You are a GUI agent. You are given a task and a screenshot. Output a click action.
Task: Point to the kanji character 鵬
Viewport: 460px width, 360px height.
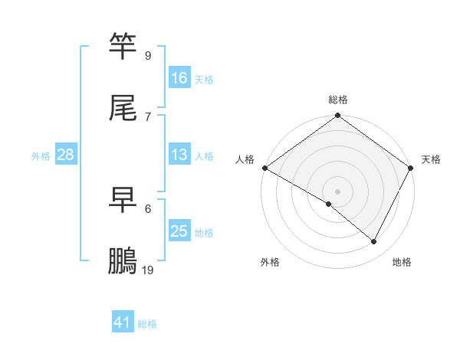tap(123, 262)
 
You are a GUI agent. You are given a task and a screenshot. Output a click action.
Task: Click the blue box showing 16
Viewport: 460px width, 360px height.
tap(179, 78)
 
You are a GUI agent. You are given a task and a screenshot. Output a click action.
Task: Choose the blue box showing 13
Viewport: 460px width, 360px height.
tap(179, 155)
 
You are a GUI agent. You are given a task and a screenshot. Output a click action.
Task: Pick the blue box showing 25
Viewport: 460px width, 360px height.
tap(179, 231)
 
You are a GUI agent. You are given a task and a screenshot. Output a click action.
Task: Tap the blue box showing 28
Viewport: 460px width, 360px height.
tap(66, 155)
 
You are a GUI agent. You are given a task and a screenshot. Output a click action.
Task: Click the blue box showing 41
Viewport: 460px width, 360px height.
tap(123, 322)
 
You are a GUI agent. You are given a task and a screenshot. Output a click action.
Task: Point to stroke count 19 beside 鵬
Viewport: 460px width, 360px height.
tap(148, 270)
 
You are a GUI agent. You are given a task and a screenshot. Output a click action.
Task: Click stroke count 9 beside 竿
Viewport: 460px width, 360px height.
tap(148, 56)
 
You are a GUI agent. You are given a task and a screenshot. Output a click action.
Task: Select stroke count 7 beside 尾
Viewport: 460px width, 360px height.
tap(148, 117)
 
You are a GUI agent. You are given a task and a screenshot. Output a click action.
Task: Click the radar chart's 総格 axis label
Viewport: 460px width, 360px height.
tap(337, 100)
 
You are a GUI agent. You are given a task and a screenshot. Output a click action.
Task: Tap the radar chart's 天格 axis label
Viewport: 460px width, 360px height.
tap(431, 159)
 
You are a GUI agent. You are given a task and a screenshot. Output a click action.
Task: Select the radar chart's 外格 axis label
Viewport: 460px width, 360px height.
tap(270, 262)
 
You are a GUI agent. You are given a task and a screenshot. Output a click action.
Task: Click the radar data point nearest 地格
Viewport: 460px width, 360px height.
tap(374, 242)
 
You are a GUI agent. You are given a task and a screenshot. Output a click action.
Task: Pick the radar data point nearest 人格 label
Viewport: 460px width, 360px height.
tap(264, 168)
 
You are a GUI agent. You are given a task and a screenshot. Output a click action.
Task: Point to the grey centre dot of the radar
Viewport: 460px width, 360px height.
tap(337, 191)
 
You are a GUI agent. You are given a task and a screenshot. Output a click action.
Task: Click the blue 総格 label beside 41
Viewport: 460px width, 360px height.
tap(147, 324)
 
